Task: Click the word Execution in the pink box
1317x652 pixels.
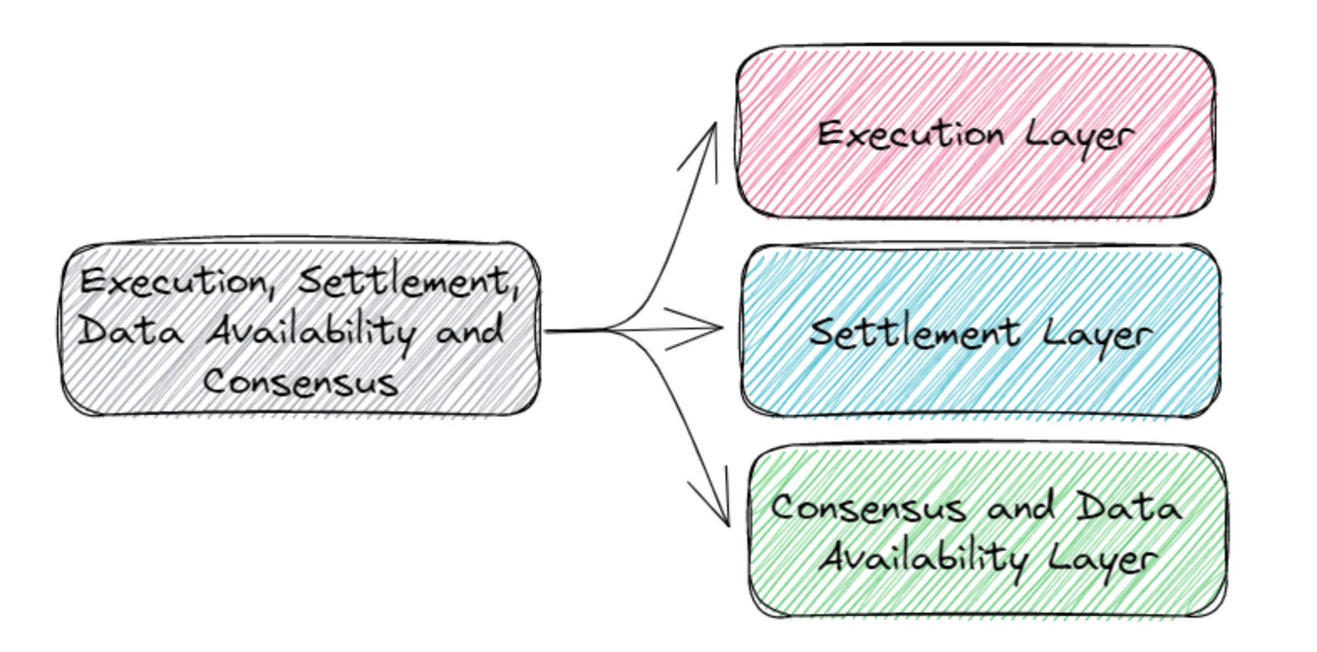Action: click(911, 134)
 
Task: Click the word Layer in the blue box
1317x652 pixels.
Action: click(1097, 335)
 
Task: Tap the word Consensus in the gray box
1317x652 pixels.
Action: click(300, 382)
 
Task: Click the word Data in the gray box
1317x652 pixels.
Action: click(131, 332)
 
